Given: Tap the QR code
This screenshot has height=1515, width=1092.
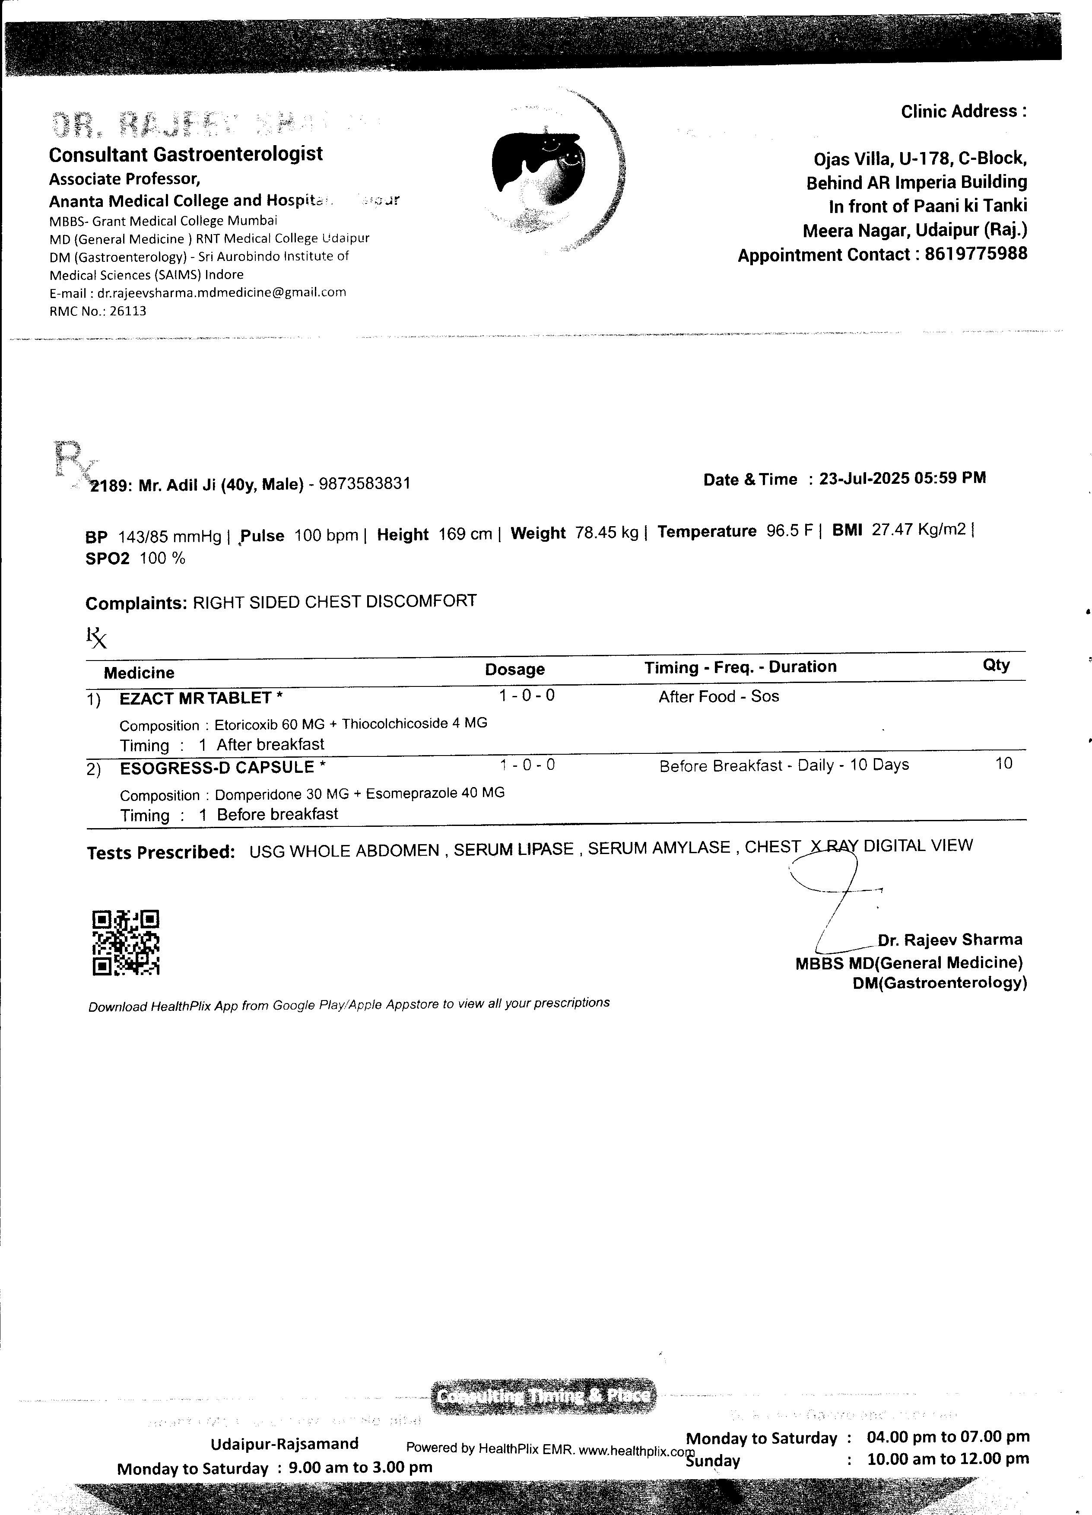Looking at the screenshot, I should click(x=126, y=943).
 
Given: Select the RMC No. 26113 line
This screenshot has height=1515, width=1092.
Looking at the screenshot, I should click(x=98, y=311).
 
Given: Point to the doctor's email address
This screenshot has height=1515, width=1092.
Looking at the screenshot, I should click(x=222, y=292).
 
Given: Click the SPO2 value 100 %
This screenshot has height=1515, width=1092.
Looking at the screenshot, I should click(x=162, y=559).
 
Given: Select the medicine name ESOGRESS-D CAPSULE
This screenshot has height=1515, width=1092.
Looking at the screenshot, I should click(x=217, y=768).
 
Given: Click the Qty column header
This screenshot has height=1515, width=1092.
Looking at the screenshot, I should click(x=996, y=665).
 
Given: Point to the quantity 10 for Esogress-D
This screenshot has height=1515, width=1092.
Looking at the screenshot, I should click(x=1003, y=763).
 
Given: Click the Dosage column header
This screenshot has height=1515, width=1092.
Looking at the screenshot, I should click(x=514, y=669).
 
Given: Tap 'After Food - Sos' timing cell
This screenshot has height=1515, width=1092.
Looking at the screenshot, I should click(x=719, y=697).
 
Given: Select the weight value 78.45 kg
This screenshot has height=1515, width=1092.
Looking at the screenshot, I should click(x=606, y=533).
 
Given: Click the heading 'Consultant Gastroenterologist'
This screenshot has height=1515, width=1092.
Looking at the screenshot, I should click(x=186, y=154).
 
